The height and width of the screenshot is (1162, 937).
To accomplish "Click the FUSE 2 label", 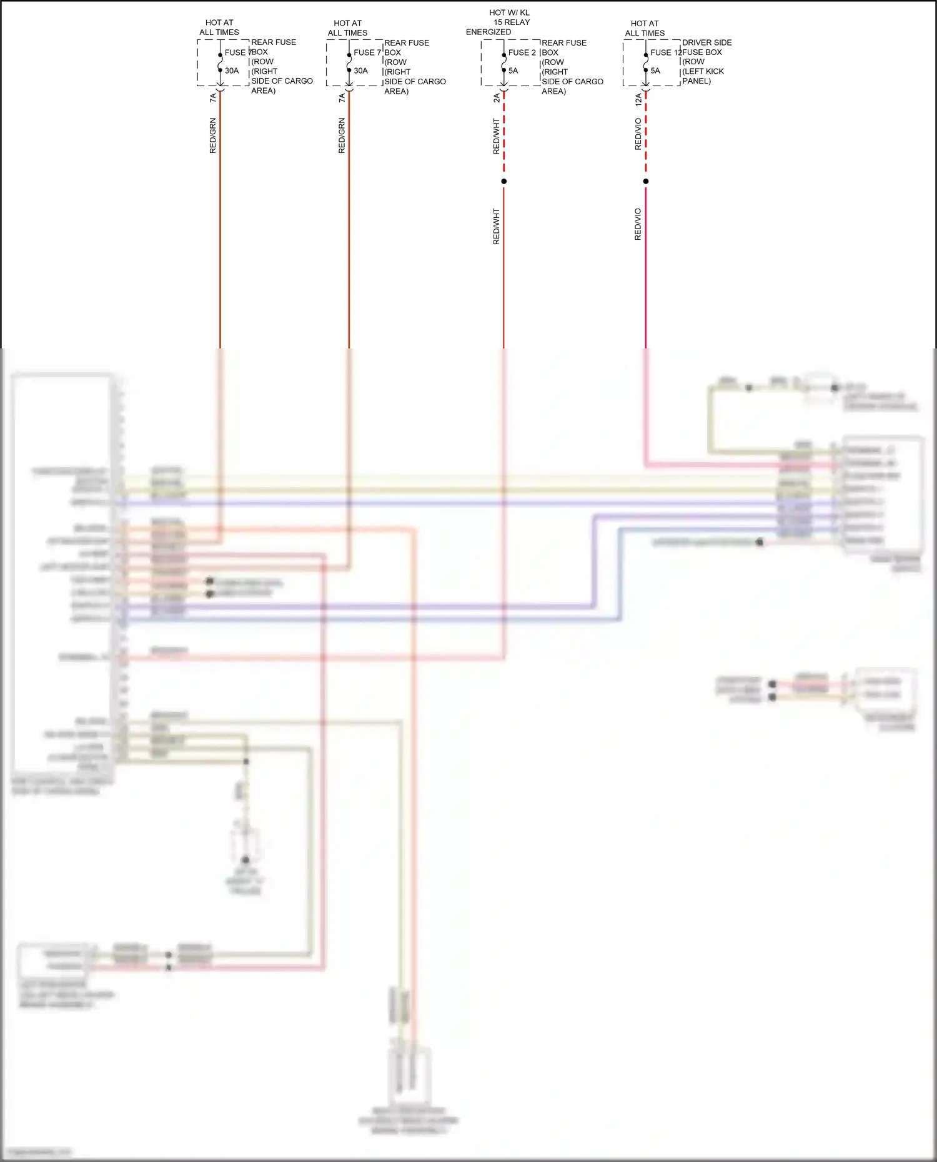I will click(x=522, y=52).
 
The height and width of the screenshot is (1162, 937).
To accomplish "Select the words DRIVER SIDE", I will click(x=706, y=42).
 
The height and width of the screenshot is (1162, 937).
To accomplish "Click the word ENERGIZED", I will click(x=488, y=32).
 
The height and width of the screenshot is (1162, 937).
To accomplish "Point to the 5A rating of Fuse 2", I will click(x=513, y=71).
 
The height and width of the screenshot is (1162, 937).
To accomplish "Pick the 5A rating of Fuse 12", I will click(x=655, y=71).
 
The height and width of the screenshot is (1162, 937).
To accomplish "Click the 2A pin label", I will click(x=497, y=98).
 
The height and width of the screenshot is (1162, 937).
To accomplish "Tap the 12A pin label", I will click(x=638, y=99).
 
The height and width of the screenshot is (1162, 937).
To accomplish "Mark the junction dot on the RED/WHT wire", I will click(x=504, y=181).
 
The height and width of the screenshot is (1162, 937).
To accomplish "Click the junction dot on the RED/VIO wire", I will click(x=646, y=181).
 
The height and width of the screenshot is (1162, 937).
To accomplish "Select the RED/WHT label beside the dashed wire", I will click(x=497, y=136).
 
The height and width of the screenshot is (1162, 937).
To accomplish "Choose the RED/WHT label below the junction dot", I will click(x=497, y=226).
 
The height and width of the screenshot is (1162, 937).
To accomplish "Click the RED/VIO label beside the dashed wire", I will click(x=638, y=134).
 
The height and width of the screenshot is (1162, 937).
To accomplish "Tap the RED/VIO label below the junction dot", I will click(x=638, y=224).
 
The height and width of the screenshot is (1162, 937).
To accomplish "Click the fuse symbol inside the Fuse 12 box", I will click(x=646, y=62).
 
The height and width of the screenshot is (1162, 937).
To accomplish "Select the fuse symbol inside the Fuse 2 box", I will click(x=504, y=62).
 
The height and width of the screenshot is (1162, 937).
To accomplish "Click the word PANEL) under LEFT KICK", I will click(x=697, y=81).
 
